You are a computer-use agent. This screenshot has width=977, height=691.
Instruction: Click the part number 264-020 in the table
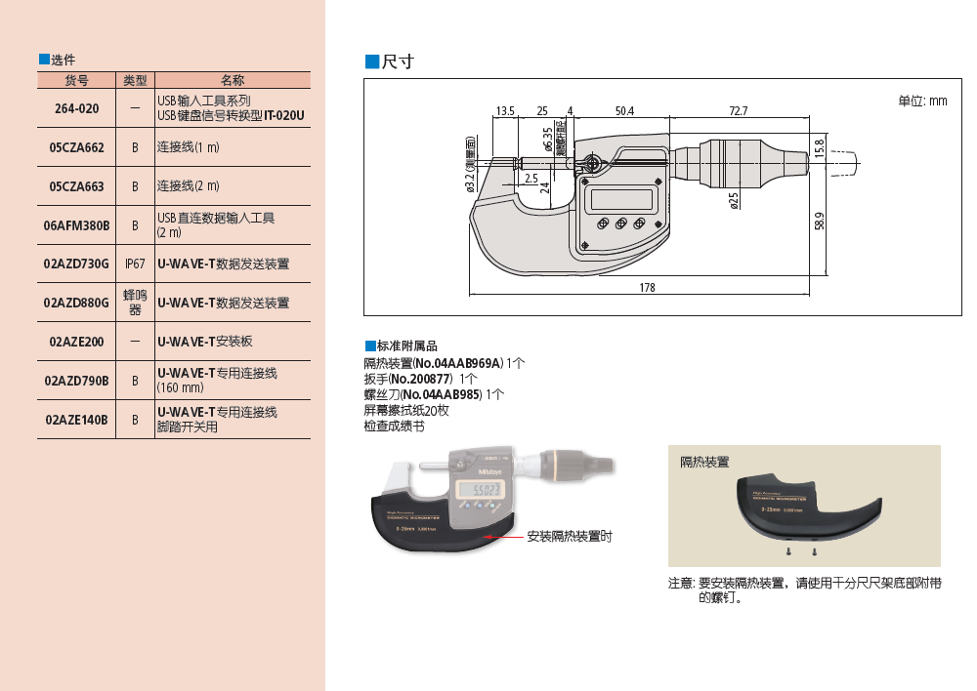pyautogui.click(x=76, y=108)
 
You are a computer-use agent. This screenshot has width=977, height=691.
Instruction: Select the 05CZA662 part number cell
pyautogui.click(x=76, y=147)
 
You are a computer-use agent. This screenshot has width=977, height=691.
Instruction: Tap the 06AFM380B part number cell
pyautogui.click(x=76, y=225)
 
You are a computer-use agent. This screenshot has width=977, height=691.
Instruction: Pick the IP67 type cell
pyautogui.click(x=135, y=264)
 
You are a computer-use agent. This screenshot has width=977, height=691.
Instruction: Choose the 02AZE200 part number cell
pyautogui.click(x=76, y=342)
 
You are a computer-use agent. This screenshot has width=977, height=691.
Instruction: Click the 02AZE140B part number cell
pyautogui.click(x=76, y=420)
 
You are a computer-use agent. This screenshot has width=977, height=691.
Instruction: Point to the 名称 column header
pyautogui.click(x=233, y=80)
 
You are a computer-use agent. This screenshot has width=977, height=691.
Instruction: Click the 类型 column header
pyautogui.click(x=135, y=80)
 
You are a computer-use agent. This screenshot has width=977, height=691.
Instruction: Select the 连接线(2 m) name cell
pyautogui.click(x=189, y=186)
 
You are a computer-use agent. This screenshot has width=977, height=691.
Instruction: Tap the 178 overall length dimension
pyautogui.click(x=647, y=288)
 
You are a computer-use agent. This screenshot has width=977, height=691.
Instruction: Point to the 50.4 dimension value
pyautogui.click(x=624, y=111)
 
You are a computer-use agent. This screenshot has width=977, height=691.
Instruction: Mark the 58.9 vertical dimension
pyautogui.click(x=819, y=222)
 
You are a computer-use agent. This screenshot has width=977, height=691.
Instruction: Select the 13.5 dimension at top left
pyautogui.click(x=505, y=111)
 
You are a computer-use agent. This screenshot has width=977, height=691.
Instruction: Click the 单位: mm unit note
pyautogui.click(x=922, y=101)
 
